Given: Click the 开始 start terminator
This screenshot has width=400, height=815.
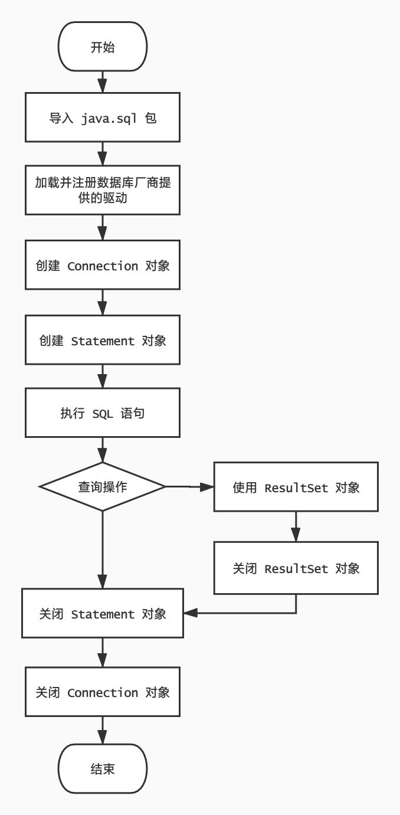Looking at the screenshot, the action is click(103, 46).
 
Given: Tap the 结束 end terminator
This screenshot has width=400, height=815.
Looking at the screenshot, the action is click(103, 768).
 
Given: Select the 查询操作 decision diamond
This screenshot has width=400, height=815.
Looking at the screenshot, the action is click(103, 486).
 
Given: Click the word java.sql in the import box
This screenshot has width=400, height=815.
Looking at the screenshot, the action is click(109, 119).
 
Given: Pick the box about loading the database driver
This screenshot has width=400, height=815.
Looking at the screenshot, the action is click(103, 190).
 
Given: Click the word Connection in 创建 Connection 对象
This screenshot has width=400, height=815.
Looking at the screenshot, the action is click(103, 266).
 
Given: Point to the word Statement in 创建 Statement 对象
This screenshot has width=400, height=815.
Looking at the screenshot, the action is click(103, 341).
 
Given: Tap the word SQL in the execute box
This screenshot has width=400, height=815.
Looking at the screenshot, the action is click(103, 414).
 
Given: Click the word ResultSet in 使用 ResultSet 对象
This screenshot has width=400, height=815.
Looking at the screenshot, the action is click(296, 487).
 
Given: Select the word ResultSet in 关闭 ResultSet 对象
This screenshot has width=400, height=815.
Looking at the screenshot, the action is click(296, 568).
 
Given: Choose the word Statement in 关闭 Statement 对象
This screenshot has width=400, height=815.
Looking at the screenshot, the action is click(103, 614).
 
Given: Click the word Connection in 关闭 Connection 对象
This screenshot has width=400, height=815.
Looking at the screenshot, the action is click(103, 693).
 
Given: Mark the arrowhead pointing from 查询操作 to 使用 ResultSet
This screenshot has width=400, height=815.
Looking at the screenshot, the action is click(207, 487).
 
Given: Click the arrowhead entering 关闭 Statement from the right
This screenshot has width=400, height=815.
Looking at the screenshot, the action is click(190, 613).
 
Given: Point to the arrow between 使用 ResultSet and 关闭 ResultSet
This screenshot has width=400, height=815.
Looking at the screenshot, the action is click(296, 526).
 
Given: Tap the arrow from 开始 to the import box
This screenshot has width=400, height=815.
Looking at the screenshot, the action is click(103, 82).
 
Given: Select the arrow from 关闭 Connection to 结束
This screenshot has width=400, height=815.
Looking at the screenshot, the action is click(103, 730).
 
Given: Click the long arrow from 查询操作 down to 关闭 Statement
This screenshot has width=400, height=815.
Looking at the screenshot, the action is click(103, 550).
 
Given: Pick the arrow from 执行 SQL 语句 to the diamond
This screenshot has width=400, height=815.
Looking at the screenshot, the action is click(103, 450).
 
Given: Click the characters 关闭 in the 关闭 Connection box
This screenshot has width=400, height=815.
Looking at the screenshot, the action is click(48, 692).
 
